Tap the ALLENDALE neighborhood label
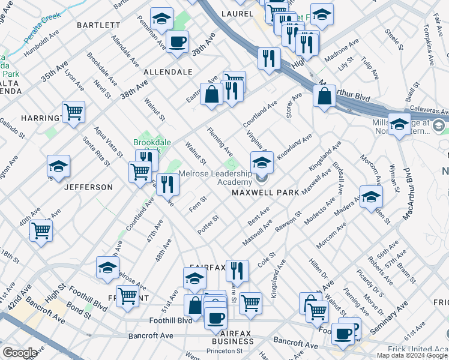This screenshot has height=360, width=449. (x=167, y=71)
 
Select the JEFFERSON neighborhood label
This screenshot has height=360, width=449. (x=88, y=187)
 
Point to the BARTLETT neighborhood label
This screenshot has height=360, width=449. (x=98, y=25)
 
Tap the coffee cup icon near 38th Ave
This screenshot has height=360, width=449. (x=177, y=43)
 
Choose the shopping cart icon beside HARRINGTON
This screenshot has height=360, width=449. (x=73, y=112)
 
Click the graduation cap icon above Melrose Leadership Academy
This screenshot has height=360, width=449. (x=262, y=163)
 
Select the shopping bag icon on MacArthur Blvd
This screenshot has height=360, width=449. (x=324, y=97)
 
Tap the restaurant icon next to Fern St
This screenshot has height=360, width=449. (x=167, y=185)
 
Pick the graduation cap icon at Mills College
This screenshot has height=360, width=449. (x=399, y=124)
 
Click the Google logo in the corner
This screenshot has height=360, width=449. (x=20, y=353)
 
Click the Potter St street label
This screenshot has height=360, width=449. (x=208, y=224)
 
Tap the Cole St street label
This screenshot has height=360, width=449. (x=266, y=259)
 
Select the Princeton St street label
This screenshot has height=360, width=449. (x=224, y=351)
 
